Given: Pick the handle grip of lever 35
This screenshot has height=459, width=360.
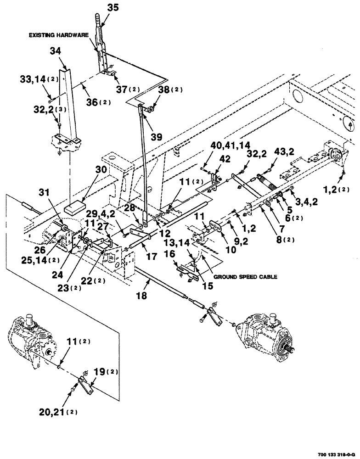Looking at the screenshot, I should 99,21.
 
